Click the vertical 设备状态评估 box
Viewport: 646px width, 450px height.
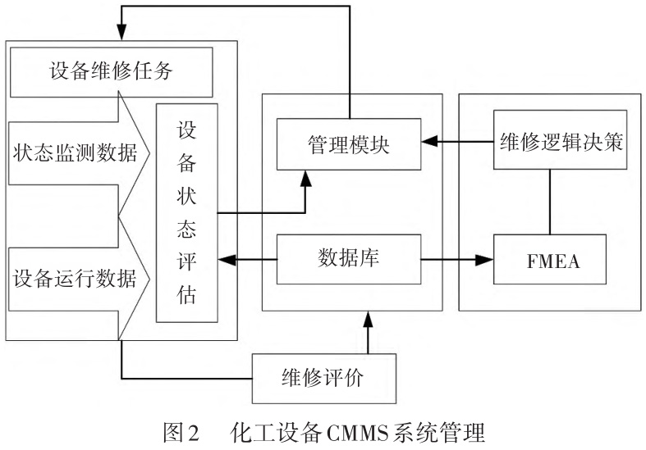tap(187, 213)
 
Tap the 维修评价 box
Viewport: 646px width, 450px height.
tap(323, 379)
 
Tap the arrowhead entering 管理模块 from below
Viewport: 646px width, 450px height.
tap(307, 178)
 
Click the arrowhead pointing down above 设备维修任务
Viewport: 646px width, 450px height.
tap(121, 33)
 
